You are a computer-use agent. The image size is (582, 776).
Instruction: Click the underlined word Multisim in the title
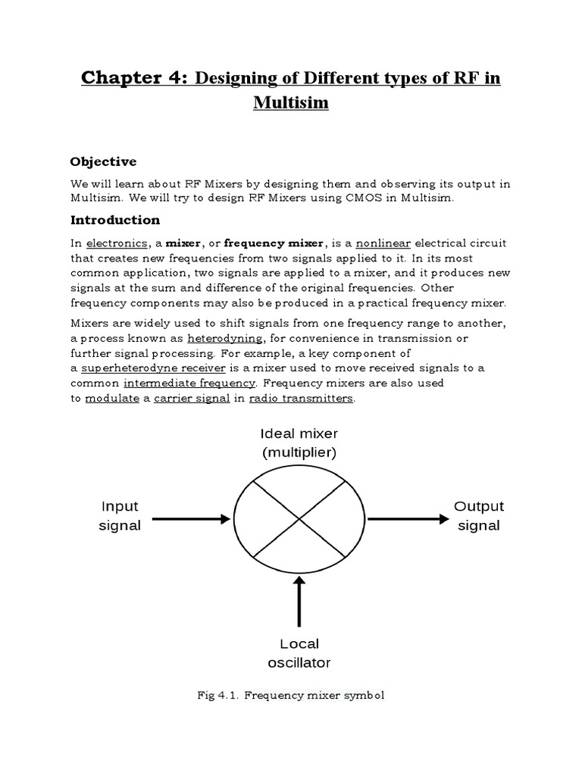(x=291, y=102)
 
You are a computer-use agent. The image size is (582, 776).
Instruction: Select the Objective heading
(x=103, y=161)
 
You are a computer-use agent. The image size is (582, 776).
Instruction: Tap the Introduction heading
(x=115, y=220)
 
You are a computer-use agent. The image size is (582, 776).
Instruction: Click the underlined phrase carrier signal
(x=192, y=399)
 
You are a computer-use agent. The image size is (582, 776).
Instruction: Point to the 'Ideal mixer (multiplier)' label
(x=299, y=443)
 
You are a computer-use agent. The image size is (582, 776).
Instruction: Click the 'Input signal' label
(x=120, y=515)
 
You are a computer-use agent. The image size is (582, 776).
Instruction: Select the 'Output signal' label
(x=479, y=515)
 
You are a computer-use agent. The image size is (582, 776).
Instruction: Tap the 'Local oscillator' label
(x=299, y=653)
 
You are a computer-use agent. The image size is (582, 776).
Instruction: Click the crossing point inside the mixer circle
(x=300, y=519)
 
